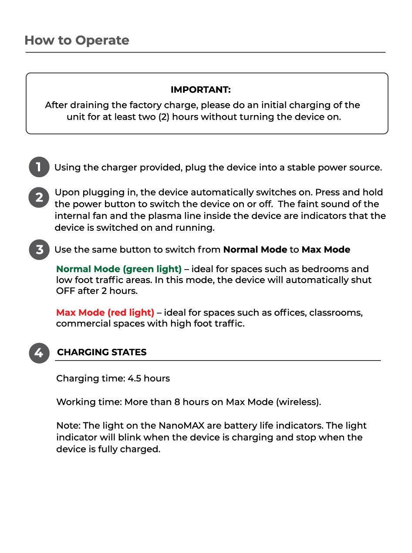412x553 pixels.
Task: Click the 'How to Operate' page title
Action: [x=77, y=40]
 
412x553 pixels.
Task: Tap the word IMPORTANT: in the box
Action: [x=200, y=90]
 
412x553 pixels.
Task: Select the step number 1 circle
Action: [x=39, y=167]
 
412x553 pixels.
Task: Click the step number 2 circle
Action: [x=39, y=198]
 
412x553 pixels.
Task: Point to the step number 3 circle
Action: [x=39, y=250]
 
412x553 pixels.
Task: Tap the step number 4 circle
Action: [x=39, y=353]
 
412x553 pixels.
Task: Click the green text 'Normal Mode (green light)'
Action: [x=119, y=269]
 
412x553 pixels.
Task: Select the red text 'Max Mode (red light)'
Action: [x=105, y=313]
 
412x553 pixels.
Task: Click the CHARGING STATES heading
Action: [x=101, y=352]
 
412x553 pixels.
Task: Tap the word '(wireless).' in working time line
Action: [x=298, y=402]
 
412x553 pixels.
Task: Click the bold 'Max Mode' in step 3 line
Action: [x=326, y=250]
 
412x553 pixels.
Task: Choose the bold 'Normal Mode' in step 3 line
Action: [x=255, y=250]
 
